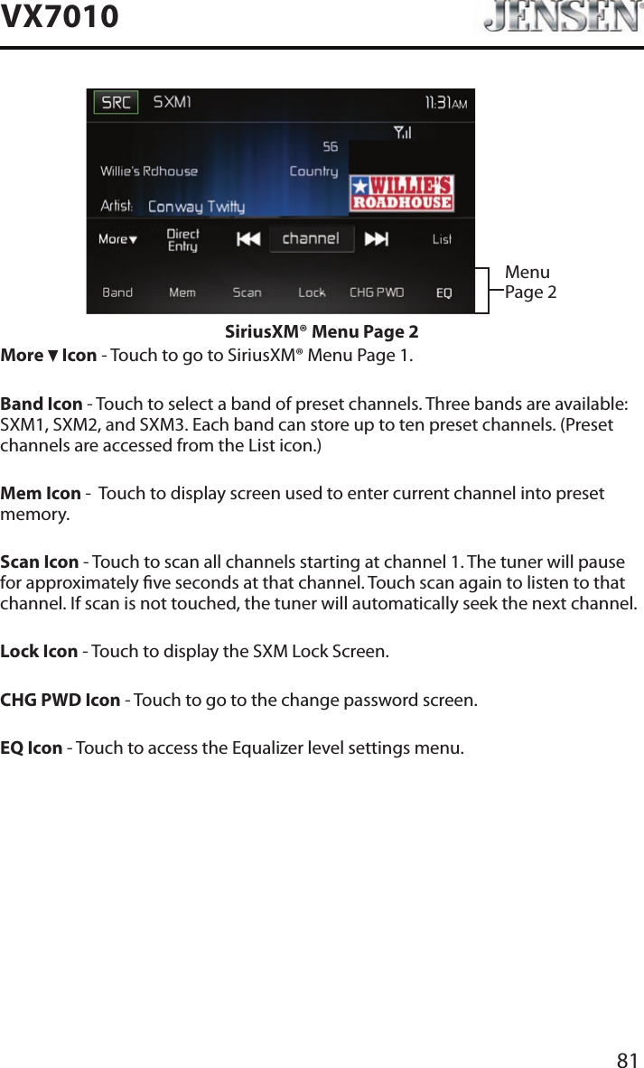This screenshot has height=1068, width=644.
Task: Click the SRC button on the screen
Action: [117, 103]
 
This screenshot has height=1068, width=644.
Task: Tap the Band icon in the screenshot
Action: [117, 293]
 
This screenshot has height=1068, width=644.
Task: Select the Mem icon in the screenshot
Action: [182, 293]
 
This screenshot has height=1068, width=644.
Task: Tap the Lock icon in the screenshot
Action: [312, 293]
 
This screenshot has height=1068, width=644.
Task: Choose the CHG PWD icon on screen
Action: [377, 293]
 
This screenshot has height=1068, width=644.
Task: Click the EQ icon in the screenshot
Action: [444, 293]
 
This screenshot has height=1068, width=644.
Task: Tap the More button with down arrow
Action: [117, 239]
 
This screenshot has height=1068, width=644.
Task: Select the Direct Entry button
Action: [183, 240]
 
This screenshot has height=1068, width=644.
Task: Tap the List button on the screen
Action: [442, 239]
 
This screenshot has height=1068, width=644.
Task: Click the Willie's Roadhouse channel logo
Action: [401, 193]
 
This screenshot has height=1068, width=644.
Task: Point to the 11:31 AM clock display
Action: [445, 103]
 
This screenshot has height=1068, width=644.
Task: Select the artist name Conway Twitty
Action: [196, 207]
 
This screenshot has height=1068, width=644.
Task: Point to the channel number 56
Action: [330, 146]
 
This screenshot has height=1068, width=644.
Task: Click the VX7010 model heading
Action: [60, 16]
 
